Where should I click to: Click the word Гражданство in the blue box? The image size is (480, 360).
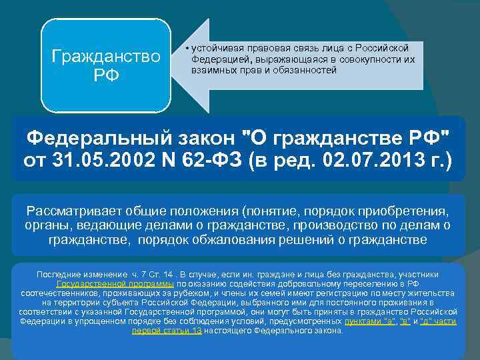click(x=106, y=56)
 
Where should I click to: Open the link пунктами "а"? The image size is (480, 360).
click(x=368, y=321)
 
